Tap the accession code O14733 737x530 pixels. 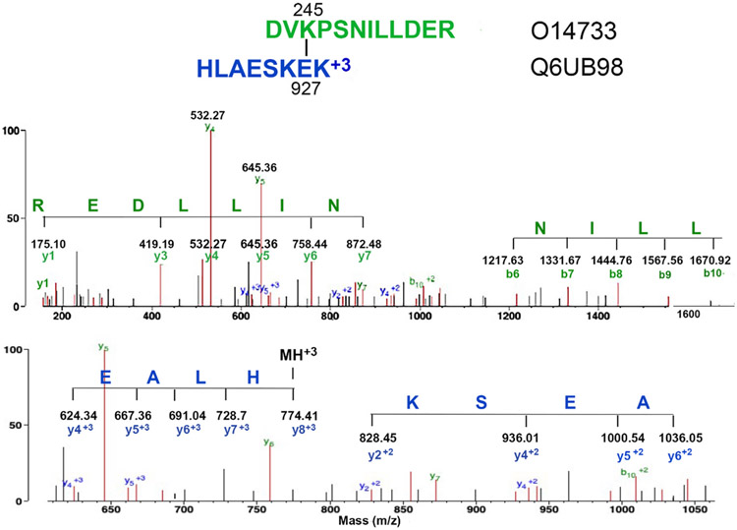[571, 31]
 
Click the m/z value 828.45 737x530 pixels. [371, 436]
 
